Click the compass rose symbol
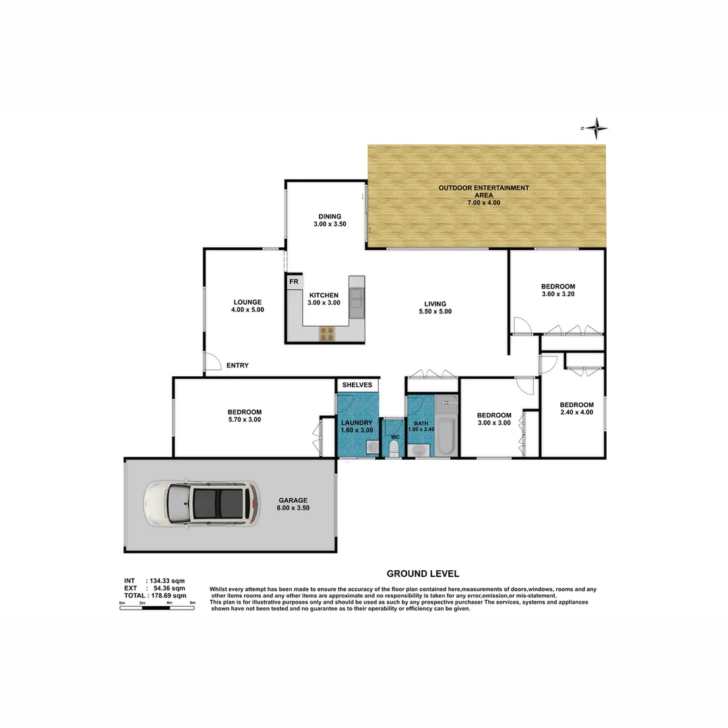pyautogui.click(x=596, y=127)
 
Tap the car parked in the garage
pyautogui.click(x=201, y=502)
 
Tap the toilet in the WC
pyautogui.click(x=394, y=449)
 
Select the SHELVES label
pyautogui.click(x=357, y=385)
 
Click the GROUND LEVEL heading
pyautogui.click(x=423, y=574)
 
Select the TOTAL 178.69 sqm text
pyautogui.click(x=154, y=596)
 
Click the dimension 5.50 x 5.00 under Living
pyautogui.click(x=435, y=311)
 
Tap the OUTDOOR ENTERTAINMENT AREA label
pyautogui.click(x=483, y=191)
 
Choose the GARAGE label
pyautogui.click(x=293, y=500)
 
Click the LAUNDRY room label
pyautogui.click(x=357, y=423)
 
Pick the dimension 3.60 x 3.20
pyautogui.click(x=558, y=294)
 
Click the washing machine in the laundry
pyautogui.click(x=371, y=447)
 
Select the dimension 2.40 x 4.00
pyautogui.click(x=576, y=412)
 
